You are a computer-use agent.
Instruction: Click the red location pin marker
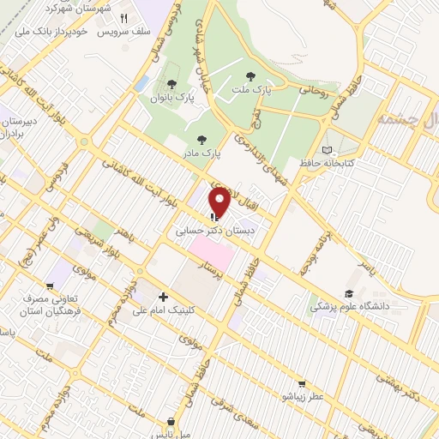click(219, 202)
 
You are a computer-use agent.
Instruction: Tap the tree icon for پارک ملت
click(250, 77)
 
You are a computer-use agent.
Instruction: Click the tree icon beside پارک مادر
click(201, 140)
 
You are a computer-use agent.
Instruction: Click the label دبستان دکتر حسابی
click(213, 231)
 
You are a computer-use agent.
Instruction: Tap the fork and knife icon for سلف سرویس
click(123, 18)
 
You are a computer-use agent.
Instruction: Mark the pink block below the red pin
click(210, 252)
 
